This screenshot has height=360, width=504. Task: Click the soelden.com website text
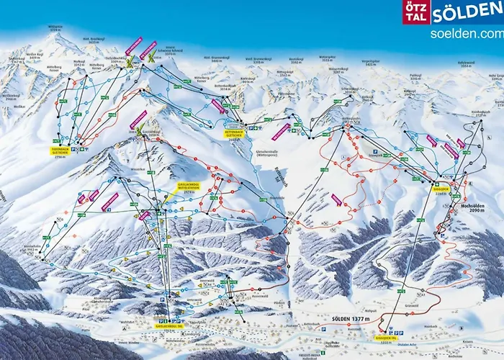tap(464, 33)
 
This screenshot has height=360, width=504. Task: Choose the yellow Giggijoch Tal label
tap(387, 336)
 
